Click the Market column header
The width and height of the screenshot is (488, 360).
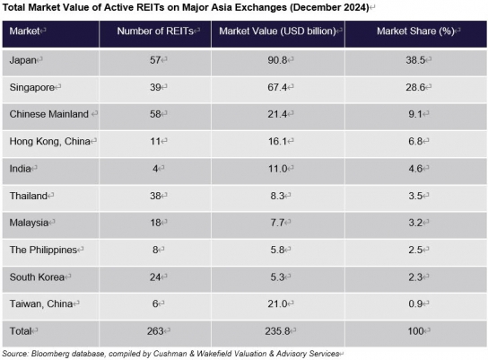pyautogui.click(x=24, y=31)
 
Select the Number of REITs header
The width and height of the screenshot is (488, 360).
pyautogui.click(x=155, y=31)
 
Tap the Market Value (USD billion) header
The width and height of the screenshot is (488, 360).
pyautogui.click(x=277, y=31)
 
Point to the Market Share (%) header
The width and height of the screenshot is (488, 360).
pyautogui.click(x=416, y=31)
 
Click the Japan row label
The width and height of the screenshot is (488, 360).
pyautogui.click(x=23, y=60)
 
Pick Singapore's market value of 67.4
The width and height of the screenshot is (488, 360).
pyautogui.click(x=277, y=87)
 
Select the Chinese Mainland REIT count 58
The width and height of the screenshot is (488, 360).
pyautogui.click(x=155, y=114)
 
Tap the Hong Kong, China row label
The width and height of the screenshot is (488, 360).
pyautogui.click(x=50, y=141)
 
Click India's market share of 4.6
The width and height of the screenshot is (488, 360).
pyautogui.click(x=415, y=169)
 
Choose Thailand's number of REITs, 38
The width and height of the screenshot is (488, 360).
pyautogui.click(x=155, y=196)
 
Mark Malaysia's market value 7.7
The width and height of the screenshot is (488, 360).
pyautogui.click(x=277, y=223)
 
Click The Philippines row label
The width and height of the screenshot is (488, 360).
pyautogui.click(x=43, y=250)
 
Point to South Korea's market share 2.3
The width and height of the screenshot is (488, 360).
pyautogui.click(x=415, y=277)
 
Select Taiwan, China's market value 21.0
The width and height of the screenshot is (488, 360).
pyautogui.click(x=277, y=303)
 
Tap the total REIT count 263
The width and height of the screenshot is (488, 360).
pyautogui.click(x=155, y=330)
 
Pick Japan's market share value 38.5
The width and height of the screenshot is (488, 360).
pyautogui.click(x=415, y=60)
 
